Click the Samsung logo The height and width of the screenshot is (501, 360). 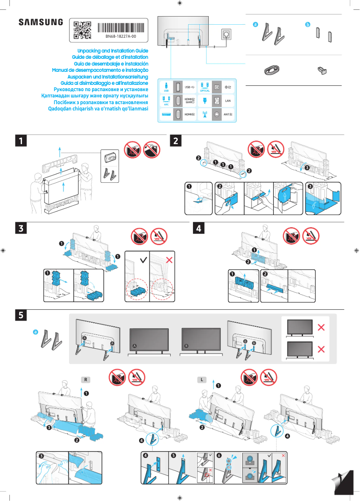point(40,22)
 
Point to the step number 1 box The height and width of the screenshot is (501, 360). point(20,141)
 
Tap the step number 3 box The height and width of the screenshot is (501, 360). point(20,228)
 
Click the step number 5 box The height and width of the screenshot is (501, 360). point(20,315)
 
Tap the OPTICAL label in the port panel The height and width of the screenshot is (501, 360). point(205,91)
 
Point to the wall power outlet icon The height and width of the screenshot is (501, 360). point(225,35)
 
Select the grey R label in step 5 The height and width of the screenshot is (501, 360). point(85,380)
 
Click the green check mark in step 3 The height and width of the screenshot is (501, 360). point(143,260)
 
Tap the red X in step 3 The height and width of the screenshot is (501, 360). point(170,260)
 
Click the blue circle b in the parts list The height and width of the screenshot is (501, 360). point(307,25)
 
